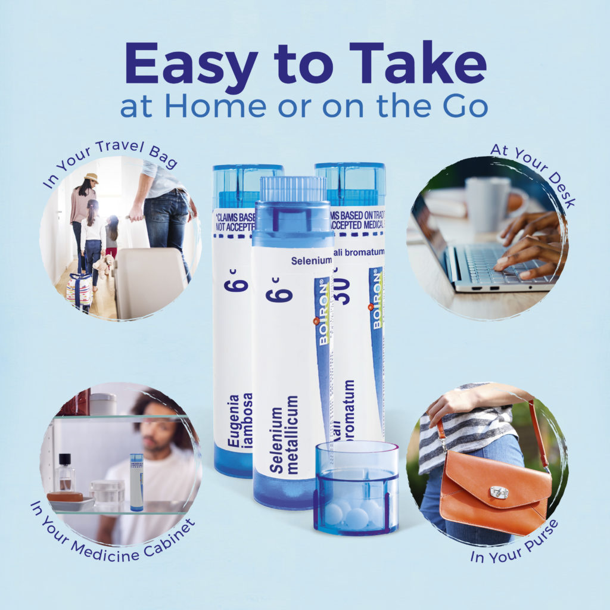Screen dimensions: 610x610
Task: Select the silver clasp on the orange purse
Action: (x=499, y=492)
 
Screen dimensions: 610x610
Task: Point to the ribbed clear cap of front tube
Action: (x=292, y=189)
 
